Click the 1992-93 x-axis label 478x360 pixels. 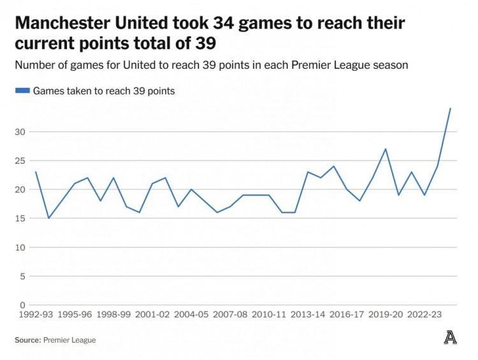click(35, 314)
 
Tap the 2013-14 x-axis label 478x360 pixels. click(308, 314)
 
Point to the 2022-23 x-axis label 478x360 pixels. click(424, 314)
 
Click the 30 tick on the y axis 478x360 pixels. click(21, 132)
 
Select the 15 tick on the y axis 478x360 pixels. click(21, 219)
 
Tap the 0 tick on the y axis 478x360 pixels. click(23, 305)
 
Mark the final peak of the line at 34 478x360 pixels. click(450, 108)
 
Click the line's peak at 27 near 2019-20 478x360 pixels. click(386, 149)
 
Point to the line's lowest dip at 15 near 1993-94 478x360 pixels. click(48, 218)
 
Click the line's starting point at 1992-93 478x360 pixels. click(36, 172)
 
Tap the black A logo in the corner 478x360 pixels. click(450, 338)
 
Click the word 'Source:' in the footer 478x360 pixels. click(27, 340)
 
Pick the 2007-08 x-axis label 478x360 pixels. click(230, 314)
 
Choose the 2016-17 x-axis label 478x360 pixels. click(347, 314)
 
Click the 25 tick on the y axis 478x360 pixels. click(21, 161)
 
